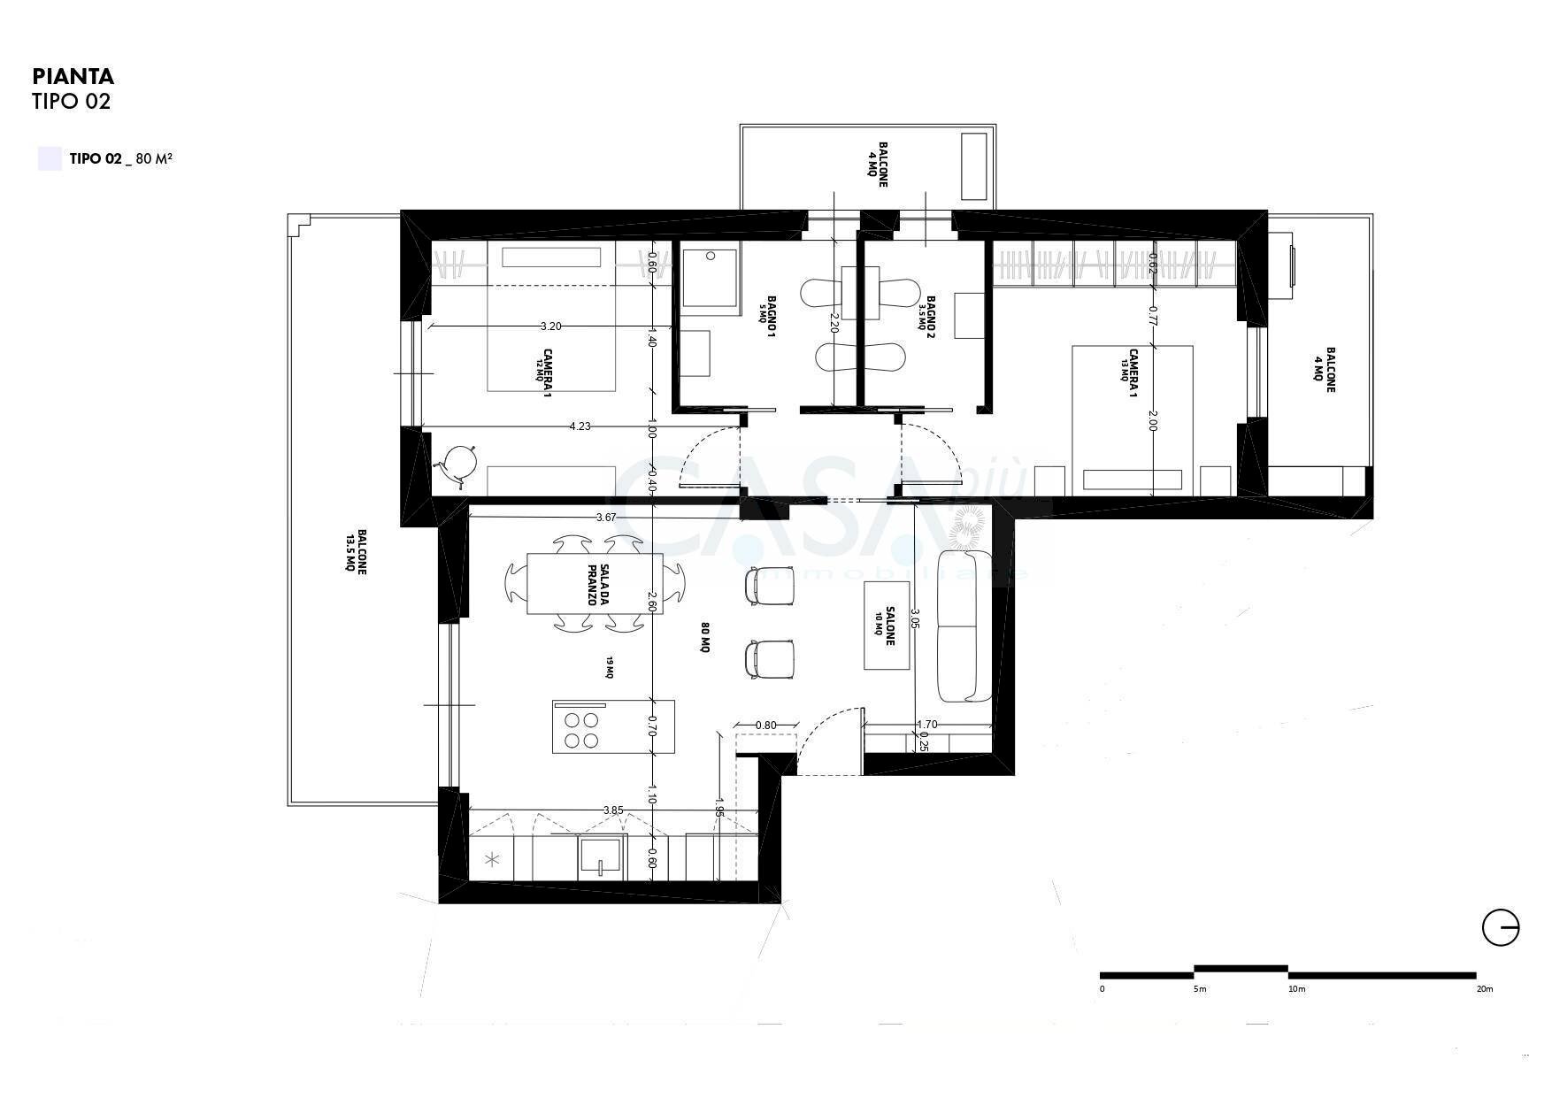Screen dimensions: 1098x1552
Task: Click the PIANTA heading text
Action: point(73,77)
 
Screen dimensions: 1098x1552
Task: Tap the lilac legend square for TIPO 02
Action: point(50,159)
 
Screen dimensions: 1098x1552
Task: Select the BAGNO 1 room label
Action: point(769,316)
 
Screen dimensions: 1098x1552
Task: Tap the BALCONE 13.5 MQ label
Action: point(357,553)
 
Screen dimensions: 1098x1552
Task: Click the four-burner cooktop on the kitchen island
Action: point(581,730)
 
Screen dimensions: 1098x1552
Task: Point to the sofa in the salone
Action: point(964,626)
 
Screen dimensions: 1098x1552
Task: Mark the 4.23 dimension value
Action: point(580,426)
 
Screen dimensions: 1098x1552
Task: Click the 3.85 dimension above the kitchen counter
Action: point(613,810)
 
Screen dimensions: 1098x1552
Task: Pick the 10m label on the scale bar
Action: point(1296,989)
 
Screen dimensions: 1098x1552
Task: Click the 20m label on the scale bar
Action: point(1485,989)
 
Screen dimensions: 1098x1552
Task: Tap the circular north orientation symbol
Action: point(1501,929)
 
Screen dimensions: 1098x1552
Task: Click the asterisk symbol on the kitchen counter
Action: point(493,859)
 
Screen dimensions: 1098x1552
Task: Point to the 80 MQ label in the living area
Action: point(706,637)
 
